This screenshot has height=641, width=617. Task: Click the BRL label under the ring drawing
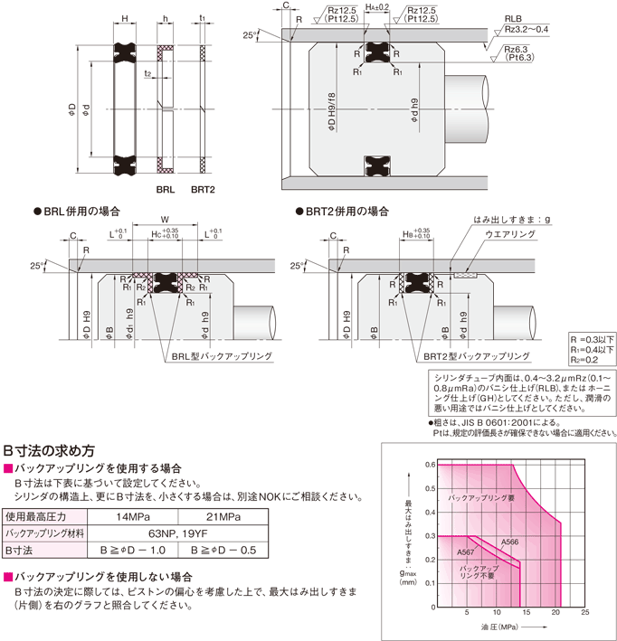point(165,190)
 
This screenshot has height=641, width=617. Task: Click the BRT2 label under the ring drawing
point(203,190)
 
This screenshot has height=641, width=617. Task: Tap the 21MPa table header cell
point(222,516)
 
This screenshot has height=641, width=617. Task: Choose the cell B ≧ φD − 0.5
point(222,549)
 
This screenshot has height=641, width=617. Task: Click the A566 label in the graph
point(510,541)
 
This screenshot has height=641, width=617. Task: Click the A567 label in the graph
point(466,551)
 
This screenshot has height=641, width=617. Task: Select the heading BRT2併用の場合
point(347,211)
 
